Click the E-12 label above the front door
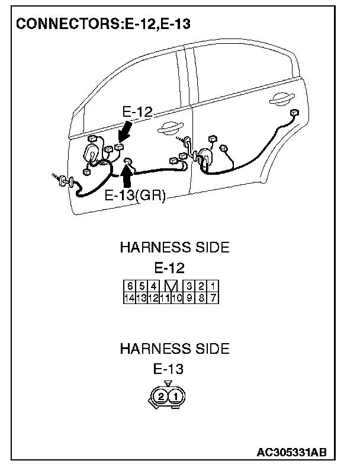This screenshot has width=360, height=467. tap(137, 111)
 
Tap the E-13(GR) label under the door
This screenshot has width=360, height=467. tap(134, 196)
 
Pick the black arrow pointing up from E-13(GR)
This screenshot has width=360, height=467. tap(126, 176)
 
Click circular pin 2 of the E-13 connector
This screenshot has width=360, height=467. tap(162, 396)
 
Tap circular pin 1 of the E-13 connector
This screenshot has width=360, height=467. tap(175, 396)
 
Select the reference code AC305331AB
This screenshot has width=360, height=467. tap(291, 453)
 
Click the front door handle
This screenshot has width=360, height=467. tap(170, 126)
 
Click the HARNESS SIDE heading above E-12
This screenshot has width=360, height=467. tap(174, 247)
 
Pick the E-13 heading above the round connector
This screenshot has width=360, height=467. tap(169, 369)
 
